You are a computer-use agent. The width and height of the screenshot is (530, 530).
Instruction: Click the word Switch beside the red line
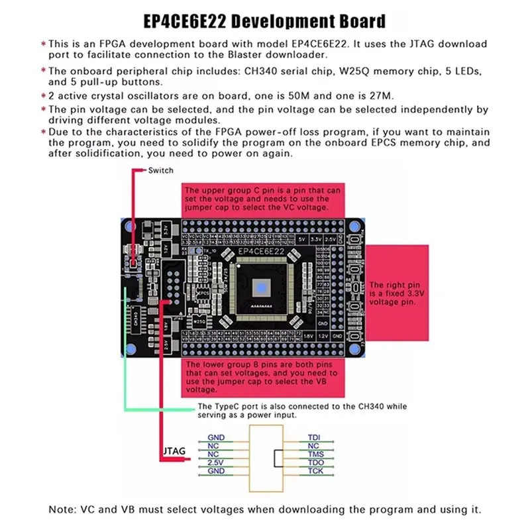click(x=160, y=170)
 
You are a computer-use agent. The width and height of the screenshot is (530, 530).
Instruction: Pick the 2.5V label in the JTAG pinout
click(x=216, y=462)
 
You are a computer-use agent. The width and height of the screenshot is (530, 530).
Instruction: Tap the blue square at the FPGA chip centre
click(x=260, y=287)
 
